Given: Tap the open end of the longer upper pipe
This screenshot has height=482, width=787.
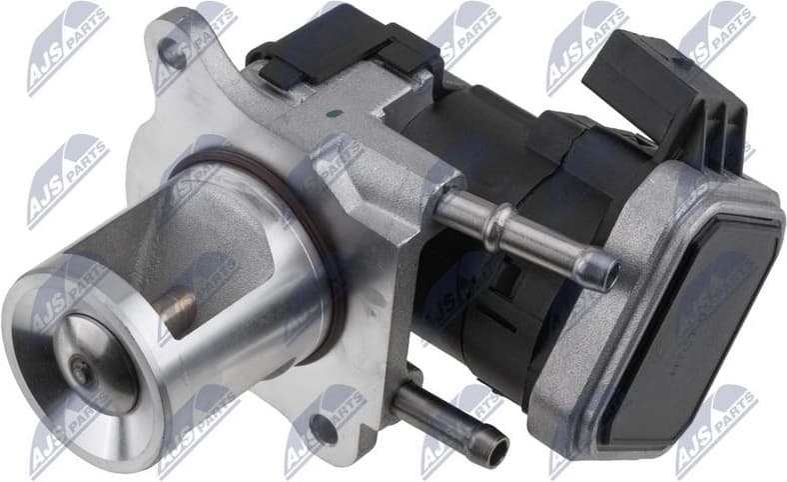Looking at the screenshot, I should pyautogui.click(x=602, y=270).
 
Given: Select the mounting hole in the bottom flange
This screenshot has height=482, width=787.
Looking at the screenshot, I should pyautogui.click(x=321, y=429).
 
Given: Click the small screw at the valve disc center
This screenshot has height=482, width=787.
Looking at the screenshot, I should pyautogui.click(x=81, y=371).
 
